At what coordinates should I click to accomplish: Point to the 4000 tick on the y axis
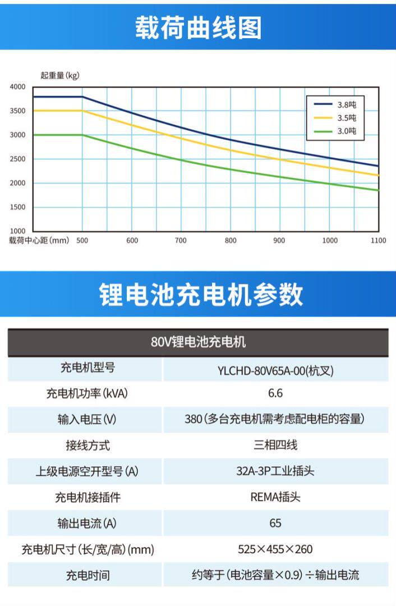17,87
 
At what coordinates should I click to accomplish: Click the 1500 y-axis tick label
17,207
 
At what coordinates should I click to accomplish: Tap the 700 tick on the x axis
181,241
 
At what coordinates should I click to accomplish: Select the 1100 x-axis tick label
379,241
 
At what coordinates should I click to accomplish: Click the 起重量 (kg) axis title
60,76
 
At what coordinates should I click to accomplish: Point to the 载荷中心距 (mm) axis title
39,241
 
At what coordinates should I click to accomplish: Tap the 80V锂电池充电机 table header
198,342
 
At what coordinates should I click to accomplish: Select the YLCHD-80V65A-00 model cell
275,370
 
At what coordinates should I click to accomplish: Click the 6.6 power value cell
275,393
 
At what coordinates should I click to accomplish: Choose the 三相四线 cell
275,446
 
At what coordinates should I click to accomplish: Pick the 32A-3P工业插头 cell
275,471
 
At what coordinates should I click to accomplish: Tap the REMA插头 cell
275,497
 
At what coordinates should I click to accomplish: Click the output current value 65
275,523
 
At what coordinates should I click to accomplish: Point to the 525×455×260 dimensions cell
275,549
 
